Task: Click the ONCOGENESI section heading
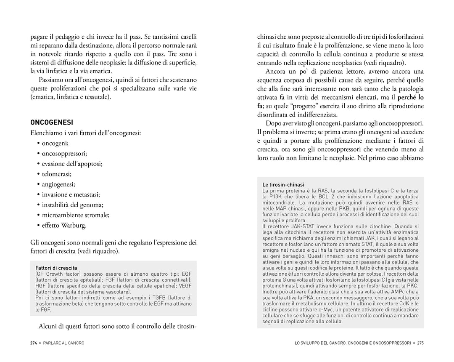pos(52,122)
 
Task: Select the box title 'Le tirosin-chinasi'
pos(283,185)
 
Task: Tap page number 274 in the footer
pos(34,343)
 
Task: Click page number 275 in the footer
pos(420,343)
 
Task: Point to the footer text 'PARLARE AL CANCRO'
pos(63,343)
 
